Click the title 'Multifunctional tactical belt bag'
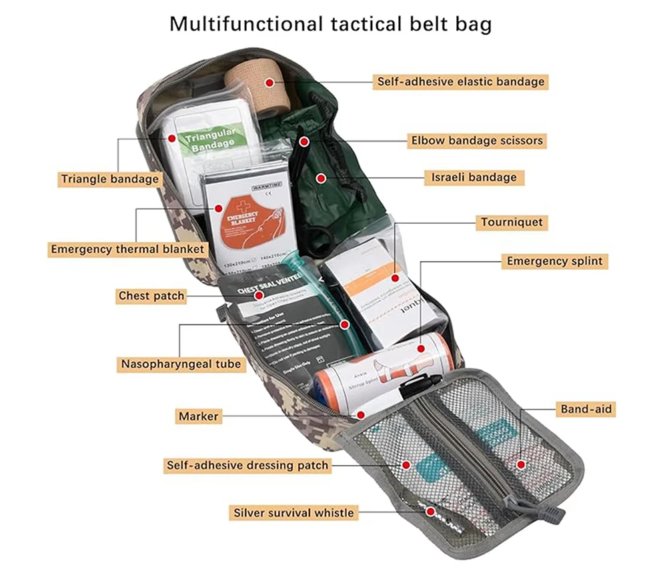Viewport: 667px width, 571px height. point(330,24)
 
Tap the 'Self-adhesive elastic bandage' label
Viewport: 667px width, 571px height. point(460,82)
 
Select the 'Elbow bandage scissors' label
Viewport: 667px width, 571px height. point(477,141)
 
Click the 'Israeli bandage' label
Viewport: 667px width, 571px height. point(474,177)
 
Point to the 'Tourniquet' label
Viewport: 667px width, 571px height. point(512,222)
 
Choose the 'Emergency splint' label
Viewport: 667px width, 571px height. point(554,261)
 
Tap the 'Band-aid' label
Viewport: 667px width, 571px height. point(586,409)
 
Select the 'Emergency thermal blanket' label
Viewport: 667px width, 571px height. point(127,249)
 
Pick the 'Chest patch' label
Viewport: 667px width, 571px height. point(151,295)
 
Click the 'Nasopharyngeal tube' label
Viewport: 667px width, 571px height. point(181,364)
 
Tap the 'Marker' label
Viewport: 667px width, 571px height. point(198,416)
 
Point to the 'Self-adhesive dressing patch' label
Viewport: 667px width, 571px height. point(247,465)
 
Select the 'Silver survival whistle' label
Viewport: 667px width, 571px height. point(293,512)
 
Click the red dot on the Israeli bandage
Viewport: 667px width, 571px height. point(321,178)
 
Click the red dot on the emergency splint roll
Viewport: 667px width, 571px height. point(422,348)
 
